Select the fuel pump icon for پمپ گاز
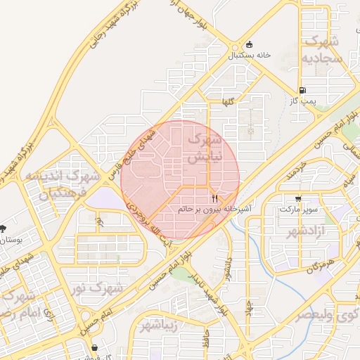(x=302, y=90)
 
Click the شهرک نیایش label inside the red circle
(x=205, y=150)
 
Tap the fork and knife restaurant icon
(x=214, y=199)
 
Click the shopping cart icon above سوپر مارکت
(x=299, y=199)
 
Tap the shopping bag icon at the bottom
(x=94, y=347)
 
